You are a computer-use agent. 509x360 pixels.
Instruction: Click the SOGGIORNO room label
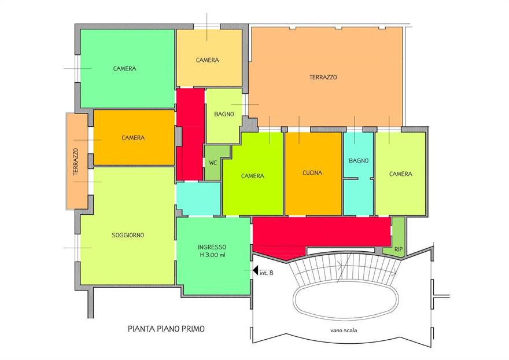128,235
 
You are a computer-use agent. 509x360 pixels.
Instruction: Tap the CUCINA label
312,173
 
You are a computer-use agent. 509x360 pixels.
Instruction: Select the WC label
213,163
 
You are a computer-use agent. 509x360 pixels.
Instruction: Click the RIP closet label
399,249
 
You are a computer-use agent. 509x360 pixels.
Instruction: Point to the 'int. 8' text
266,273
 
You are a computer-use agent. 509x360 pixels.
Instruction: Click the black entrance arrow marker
255,270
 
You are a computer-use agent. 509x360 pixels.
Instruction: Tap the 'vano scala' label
344,330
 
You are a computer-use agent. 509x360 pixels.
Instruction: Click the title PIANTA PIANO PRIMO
166,329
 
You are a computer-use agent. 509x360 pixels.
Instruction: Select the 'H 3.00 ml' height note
212,255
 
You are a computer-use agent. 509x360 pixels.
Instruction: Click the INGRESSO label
212,247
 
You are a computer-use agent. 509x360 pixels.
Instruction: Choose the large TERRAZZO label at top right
323,78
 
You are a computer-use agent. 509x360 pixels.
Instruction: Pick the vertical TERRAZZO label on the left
76,162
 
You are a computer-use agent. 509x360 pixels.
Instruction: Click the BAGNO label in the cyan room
359,161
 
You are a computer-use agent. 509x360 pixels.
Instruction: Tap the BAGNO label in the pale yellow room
224,115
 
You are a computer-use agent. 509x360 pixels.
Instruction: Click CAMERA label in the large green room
125,68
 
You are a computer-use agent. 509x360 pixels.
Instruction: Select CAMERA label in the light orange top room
208,60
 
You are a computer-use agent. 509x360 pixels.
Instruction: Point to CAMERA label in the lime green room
253,176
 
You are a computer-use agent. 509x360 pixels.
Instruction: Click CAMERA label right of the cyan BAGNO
401,174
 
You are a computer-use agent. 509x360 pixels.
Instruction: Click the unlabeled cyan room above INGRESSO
198,198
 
